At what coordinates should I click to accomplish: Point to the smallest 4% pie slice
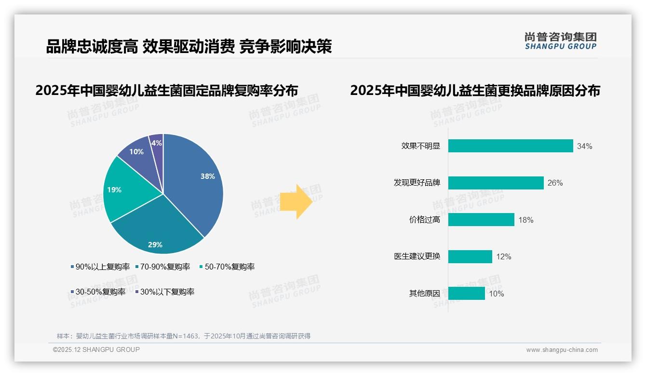point(156,142)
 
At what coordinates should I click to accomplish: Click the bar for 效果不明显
point(511,146)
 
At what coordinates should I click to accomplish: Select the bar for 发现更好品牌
point(496,183)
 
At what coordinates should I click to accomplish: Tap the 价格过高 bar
point(481,220)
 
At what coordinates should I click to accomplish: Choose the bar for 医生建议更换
point(470,256)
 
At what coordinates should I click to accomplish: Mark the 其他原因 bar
point(466,294)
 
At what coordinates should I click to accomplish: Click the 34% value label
point(584,147)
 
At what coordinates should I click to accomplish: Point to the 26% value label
point(555,183)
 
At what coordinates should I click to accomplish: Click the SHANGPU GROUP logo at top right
point(560,41)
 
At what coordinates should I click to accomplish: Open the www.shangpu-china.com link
point(562,350)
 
